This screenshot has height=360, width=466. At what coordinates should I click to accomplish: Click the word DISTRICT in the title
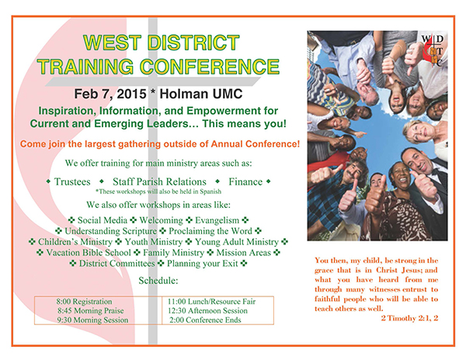pyautogui.click(x=193, y=43)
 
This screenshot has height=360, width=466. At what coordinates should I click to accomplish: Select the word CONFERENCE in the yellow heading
pyautogui.click(x=210, y=66)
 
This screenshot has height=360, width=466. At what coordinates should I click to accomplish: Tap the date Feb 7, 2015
pyautogui.click(x=110, y=94)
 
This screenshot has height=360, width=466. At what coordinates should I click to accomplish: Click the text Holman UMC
pyautogui.click(x=201, y=94)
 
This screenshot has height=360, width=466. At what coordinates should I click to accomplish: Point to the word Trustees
pyautogui.click(x=72, y=182)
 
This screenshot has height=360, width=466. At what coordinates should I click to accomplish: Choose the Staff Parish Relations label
pyautogui.click(x=159, y=182)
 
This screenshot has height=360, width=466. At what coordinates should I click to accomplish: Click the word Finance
pyautogui.click(x=245, y=182)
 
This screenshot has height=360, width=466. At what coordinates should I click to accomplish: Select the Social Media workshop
pyautogui.click(x=103, y=220)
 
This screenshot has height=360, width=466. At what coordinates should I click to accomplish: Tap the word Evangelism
pyautogui.click(x=217, y=220)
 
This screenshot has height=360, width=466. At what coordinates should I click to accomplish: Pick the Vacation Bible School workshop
pyautogui.click(x=89, y=253)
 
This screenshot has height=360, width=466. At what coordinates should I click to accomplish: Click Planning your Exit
pyautogui.click(x=203, y=264)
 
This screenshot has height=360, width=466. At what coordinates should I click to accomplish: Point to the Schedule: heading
pyautogui.click(x=158, y=280)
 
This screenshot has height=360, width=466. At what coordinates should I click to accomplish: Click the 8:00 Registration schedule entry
pyautogui.click(x=85, y=302)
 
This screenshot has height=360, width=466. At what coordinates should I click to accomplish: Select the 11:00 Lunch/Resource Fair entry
pyautogui.click(x=211, y=302)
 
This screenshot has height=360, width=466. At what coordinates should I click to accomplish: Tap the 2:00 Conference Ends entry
pyautogui.click(x=205, y=320)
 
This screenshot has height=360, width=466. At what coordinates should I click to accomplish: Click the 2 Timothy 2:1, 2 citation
pyautogui.click(x=409, y=318)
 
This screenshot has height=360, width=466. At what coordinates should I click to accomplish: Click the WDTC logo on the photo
pyautogui.click(x=433, y=50)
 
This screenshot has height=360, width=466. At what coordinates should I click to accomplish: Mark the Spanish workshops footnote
pyautogui.click(x=158, y=192)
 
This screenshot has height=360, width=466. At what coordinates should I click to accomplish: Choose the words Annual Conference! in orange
pyautogui.click(x=256, y=144)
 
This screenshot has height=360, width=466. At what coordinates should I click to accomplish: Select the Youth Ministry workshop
pyautogui.click(x=154, y=242)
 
